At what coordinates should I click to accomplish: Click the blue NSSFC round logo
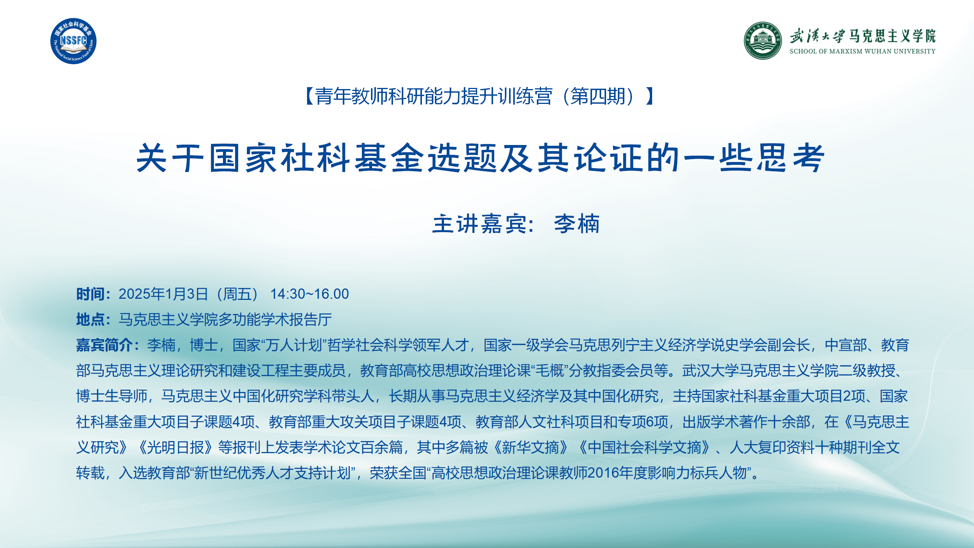tap(73, 41)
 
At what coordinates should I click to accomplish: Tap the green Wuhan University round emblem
tap(763, 41)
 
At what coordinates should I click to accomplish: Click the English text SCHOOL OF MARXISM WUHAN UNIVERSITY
tap(862, 51)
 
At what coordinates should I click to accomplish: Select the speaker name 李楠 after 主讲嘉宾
tap(577, 224)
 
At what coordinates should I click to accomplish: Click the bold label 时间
tap(91, 294)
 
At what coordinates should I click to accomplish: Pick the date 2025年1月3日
tap(163, 294)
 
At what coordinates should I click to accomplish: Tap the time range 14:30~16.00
tap(309, 294)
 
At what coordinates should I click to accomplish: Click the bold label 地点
tap(91, 320)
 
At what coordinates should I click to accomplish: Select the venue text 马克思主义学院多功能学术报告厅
tap(225, 320)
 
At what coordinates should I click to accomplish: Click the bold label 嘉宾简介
tap(104, 345)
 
